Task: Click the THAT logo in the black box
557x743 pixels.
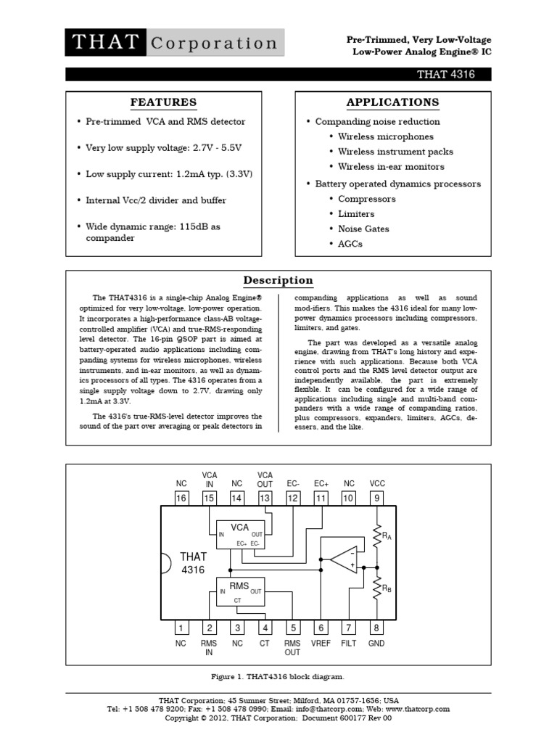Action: tap(106, 43)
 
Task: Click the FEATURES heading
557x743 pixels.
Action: tap(163, 102)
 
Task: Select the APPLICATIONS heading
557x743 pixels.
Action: tap(392, 102)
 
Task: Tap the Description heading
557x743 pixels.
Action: tap(278, 281)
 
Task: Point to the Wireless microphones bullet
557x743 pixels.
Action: tap(385, 136)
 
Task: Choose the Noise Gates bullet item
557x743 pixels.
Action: tap(363, 229)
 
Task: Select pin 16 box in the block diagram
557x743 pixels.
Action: tap(181, 498)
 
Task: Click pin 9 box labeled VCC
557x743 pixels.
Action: tap(377, 498)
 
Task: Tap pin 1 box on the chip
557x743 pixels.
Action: tap(181, 628)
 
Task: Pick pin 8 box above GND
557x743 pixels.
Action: tap(377, 628)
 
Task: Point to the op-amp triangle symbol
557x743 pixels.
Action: tap(343, 559)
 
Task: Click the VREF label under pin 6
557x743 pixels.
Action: tap(321, 644)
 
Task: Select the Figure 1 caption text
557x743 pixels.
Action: tap(278, 676)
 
